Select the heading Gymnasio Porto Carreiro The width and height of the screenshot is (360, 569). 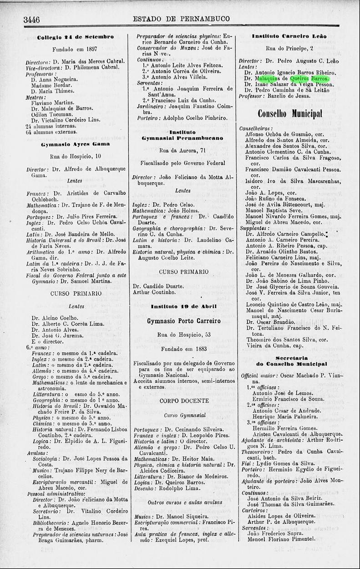pyautogui.click(x=183, y=321)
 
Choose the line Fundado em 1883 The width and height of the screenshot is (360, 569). pyautogui.click(x=183, y=349)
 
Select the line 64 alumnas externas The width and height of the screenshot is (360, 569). pyautogui.click(x=52, y=132)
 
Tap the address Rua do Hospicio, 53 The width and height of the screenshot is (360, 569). pyautogui.click(x=183, y=335)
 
